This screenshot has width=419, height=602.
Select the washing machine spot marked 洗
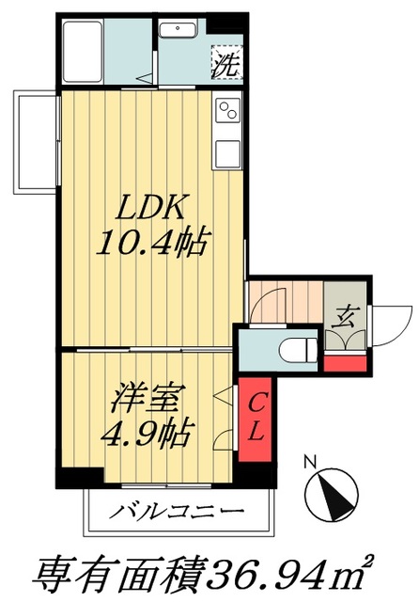click(224, 66)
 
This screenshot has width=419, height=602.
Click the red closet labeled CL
click(254, 417)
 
